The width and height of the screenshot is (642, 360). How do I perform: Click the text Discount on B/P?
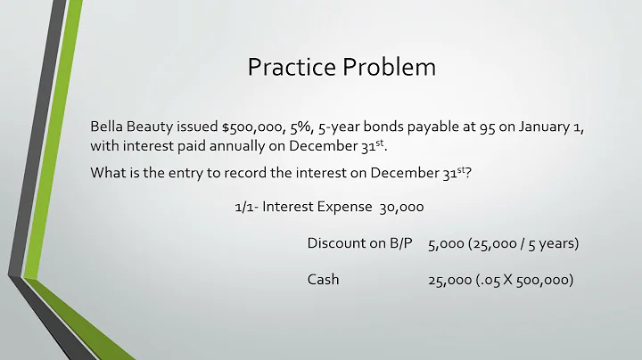(359, 243)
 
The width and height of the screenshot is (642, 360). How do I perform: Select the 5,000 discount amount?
(446, 243)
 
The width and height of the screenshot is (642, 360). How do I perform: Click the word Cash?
(324, 280)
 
